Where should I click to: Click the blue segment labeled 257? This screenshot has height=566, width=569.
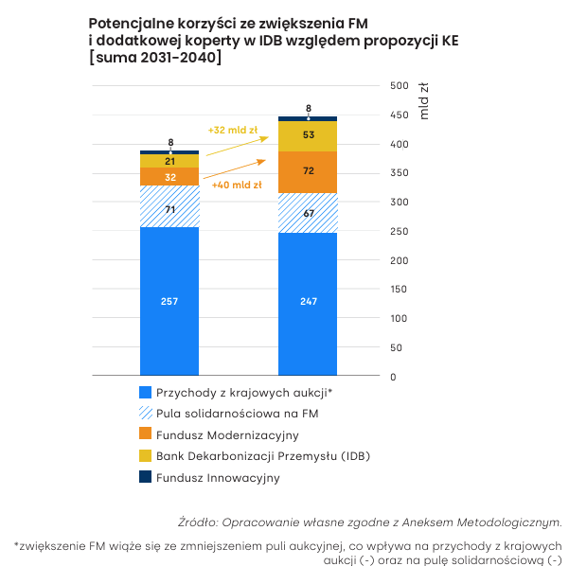click(169, 301)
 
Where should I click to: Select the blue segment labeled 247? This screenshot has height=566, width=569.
click(308, 304)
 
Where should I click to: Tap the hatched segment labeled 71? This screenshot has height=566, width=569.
click(169, 206)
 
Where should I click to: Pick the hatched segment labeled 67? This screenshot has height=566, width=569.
click(308, 213)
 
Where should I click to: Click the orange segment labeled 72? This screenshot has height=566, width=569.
click(308, 172)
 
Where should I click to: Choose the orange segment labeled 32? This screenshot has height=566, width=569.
click(169, 176)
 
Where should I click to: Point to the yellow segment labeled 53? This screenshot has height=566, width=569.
click(308, 136)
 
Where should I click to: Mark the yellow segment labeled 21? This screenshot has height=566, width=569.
click(169, 161)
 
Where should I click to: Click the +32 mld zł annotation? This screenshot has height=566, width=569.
click(233, 130)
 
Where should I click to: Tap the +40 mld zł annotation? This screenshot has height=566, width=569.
click(237, 186)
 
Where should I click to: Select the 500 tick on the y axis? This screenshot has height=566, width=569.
click(400, 85)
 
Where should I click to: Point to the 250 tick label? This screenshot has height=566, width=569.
click(400, 231)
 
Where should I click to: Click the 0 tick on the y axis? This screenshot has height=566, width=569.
click(393, 377)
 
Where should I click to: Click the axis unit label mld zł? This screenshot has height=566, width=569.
click(424, 101)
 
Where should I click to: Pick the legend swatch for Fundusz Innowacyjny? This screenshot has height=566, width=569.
click(145, 477)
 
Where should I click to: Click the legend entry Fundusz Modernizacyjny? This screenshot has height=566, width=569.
click(227, 435)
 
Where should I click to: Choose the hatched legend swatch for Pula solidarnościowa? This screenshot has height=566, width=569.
click(145, 413)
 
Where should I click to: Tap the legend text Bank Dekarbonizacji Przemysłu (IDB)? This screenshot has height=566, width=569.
click(263, 456)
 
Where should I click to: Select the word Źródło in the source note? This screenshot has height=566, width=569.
click(198, 522)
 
